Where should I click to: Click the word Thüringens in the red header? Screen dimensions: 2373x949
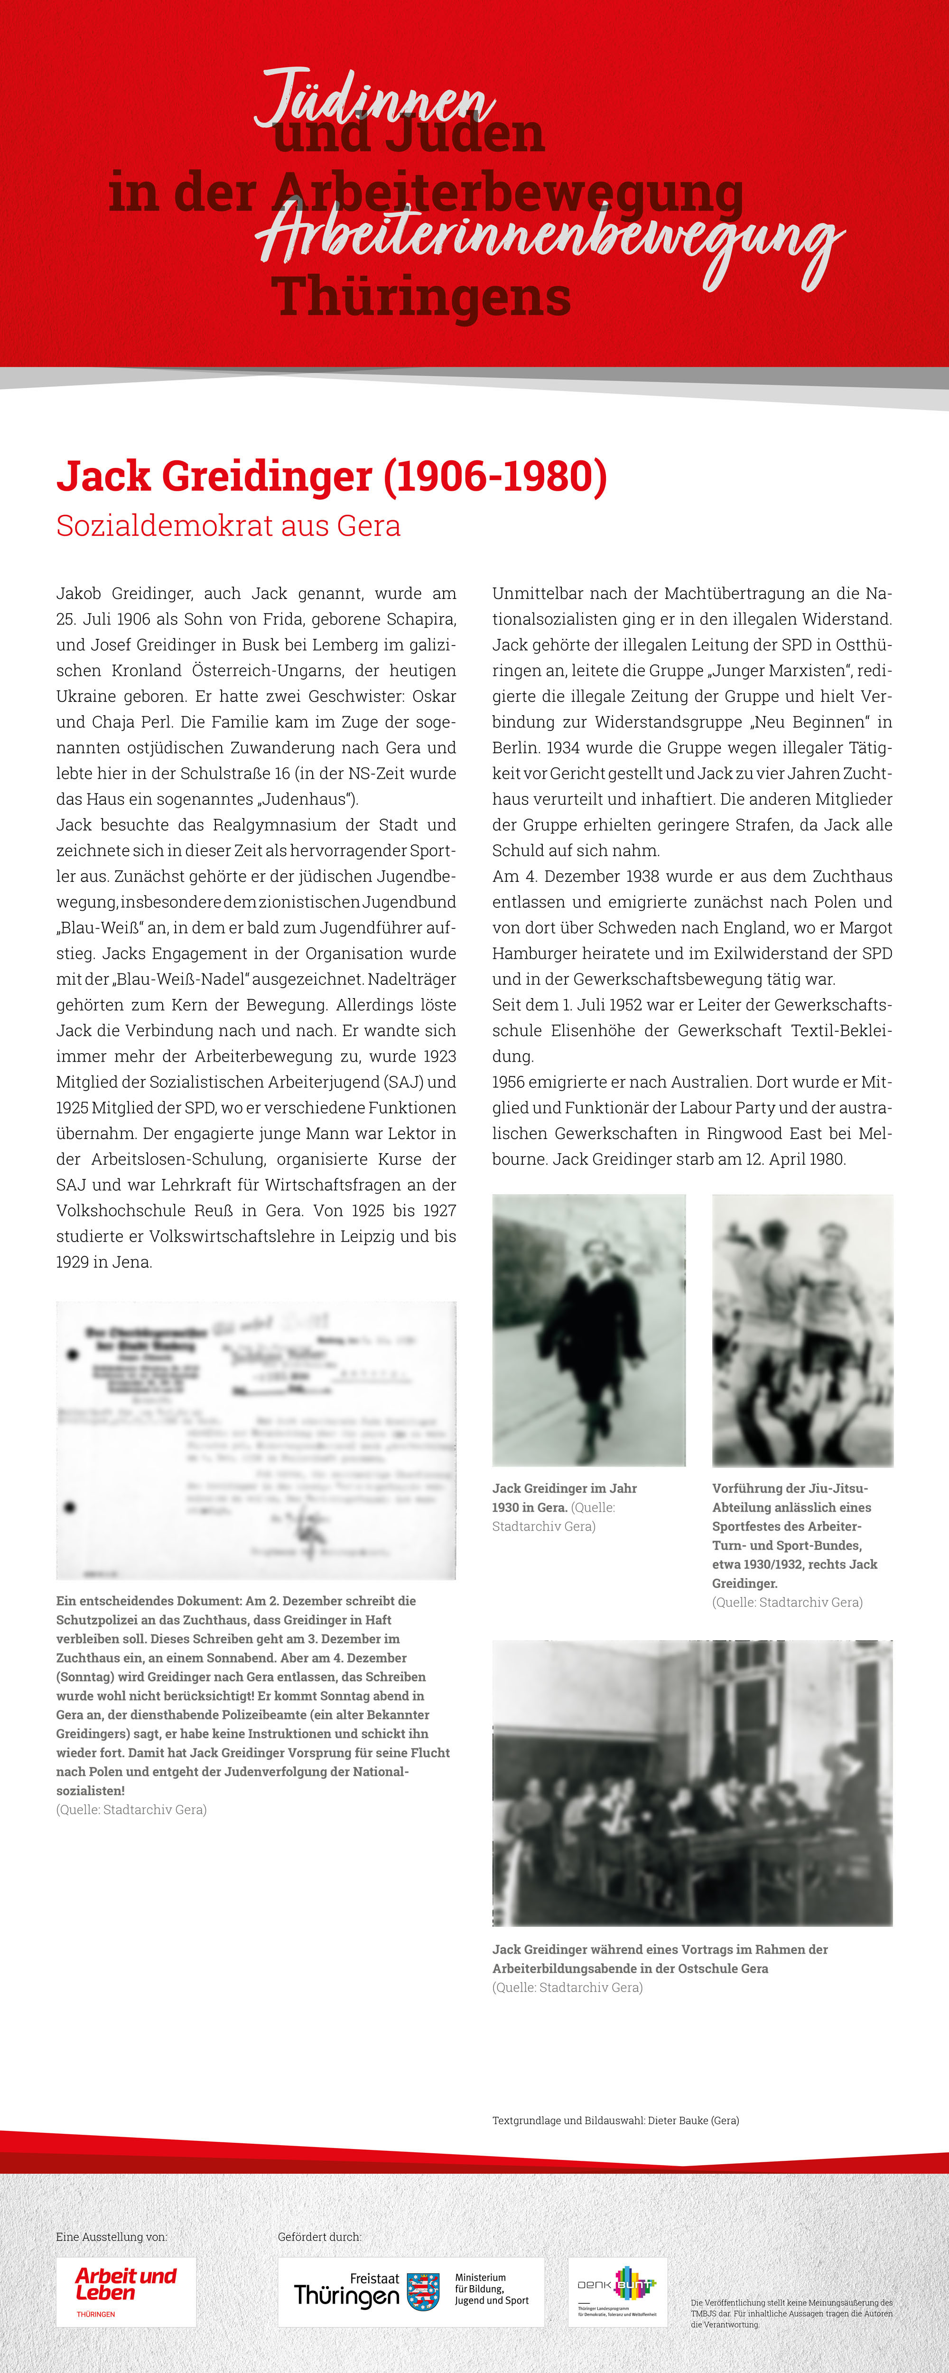pos(421,298)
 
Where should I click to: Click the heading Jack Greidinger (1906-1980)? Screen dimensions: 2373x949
pos(332,476)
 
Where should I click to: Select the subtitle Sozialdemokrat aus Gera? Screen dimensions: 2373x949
pos(229,526)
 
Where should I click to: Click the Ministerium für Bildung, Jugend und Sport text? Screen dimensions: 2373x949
pos(491,2288)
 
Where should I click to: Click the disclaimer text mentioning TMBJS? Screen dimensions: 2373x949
pos(791,2313)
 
